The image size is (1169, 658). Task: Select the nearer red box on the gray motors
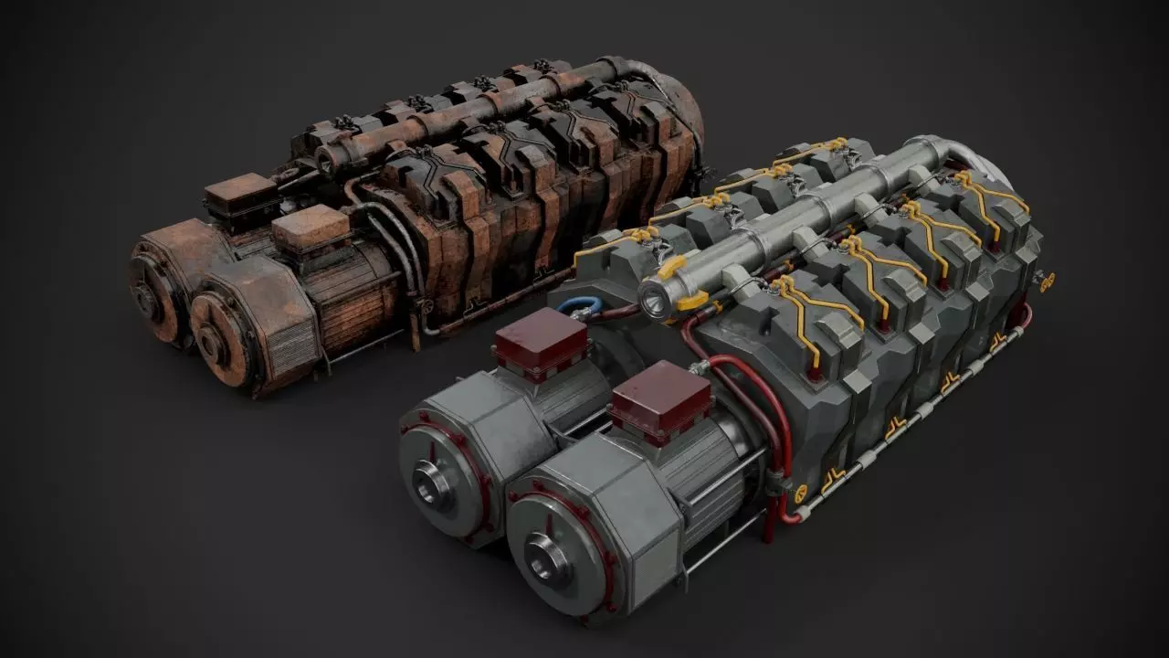(x=659, y=399)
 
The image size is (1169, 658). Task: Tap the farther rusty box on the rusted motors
(x=240, y=194)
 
